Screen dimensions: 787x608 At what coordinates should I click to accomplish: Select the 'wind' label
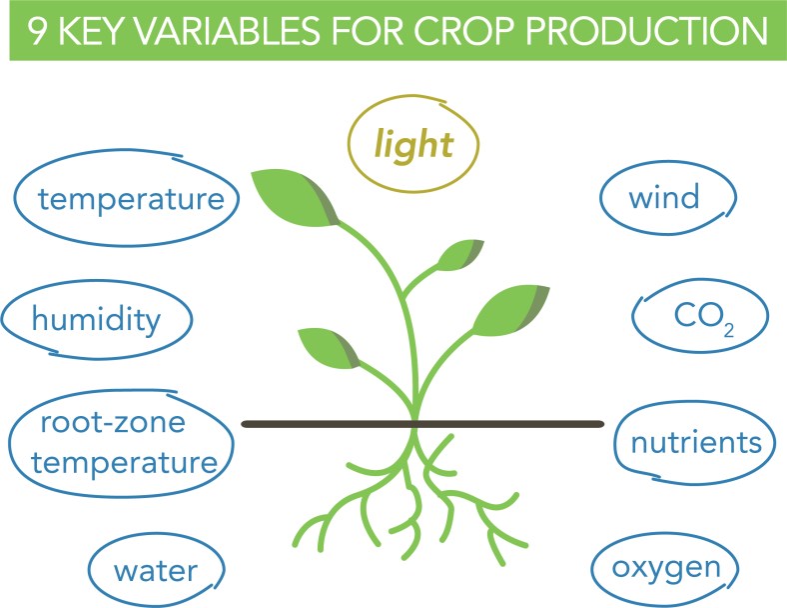pos(664,196)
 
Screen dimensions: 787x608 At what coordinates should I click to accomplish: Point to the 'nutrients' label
pos(696,443)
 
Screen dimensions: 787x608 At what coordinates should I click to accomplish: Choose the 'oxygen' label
pos(666,569)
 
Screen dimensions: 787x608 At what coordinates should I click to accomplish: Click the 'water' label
pos(156,571)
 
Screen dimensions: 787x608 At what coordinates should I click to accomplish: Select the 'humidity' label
pos(96,320)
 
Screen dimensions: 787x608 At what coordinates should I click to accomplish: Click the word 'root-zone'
pos(113,423)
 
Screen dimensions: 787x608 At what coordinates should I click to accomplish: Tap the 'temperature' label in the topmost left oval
pos(131,199)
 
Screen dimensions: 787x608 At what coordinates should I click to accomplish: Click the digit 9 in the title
pos(36,31)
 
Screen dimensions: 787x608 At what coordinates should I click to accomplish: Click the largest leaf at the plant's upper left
pos(296,197)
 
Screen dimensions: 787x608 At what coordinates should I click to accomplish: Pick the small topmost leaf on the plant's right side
pos(459,254)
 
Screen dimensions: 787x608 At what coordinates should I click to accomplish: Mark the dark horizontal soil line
pos(422,425)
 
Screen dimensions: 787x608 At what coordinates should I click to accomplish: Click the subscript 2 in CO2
pos(729,330)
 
